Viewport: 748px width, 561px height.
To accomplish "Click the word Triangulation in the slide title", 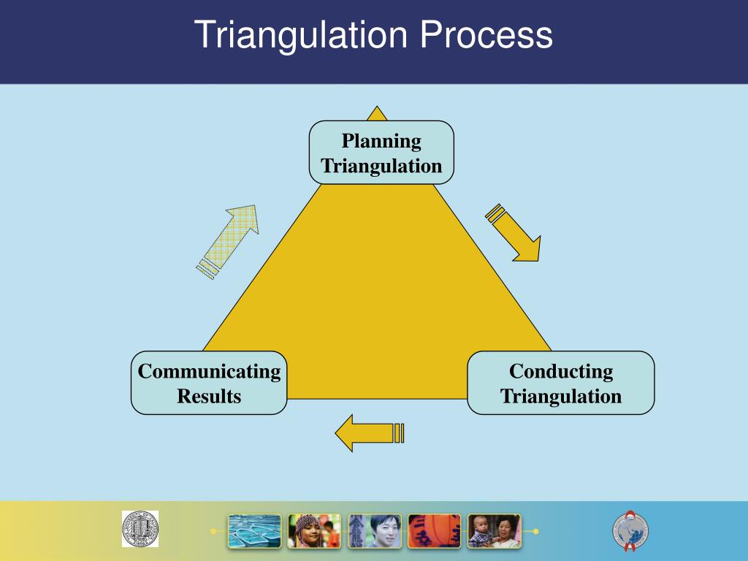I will [299, 36].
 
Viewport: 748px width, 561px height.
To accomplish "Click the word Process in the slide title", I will [486, 36].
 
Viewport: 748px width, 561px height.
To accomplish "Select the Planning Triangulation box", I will [381, 152].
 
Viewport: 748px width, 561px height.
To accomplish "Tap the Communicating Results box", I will [209, 383].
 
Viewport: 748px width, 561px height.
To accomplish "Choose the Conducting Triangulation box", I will [560, 383].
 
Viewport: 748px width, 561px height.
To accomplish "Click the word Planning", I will [381, 140].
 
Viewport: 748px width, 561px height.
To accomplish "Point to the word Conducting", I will [560, 371].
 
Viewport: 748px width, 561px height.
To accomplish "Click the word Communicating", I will [209, 371].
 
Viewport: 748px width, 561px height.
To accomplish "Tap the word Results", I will [209, 396].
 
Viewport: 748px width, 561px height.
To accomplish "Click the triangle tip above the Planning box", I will [377, 113].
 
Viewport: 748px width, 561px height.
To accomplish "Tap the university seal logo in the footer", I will [140, 528].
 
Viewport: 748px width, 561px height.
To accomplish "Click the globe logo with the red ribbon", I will [630, 530].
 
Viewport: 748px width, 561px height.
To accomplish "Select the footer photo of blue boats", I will [254, 531].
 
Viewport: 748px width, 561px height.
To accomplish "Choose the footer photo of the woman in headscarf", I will [314, 531].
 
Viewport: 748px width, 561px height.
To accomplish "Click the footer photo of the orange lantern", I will [434, 531].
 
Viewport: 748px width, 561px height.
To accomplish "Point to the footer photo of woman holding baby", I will [494, 531].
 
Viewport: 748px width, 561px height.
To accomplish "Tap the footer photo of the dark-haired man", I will [374, 531].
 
